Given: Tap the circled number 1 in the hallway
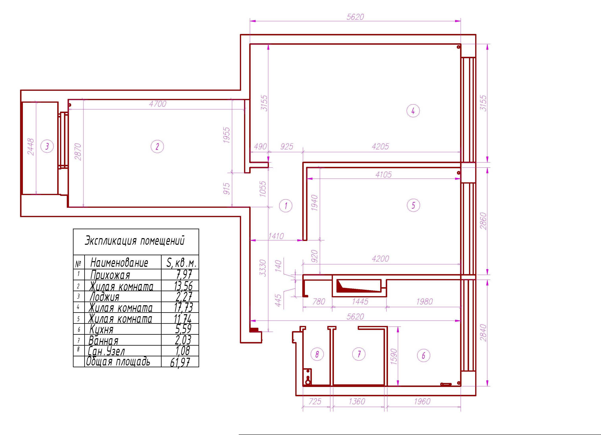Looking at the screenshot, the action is point(286,206).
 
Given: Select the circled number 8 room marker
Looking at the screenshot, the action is point(317,354).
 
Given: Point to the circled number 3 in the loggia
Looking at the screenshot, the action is point(47,146).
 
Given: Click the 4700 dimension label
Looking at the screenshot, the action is point(158,104).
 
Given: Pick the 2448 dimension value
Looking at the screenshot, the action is point(31,147).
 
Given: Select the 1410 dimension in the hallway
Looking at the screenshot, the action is point(276,236).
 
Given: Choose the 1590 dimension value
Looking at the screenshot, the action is point(394,357).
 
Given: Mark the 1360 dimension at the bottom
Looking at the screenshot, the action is point(357,401).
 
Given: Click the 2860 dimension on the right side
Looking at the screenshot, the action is point(483,221).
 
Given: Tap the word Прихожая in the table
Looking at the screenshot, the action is point(110,275).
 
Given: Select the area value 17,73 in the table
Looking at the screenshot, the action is point(183,307).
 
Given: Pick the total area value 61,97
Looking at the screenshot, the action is point(180,362).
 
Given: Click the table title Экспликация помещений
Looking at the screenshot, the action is point(134,241).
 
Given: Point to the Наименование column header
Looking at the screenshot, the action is point(119,263).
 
